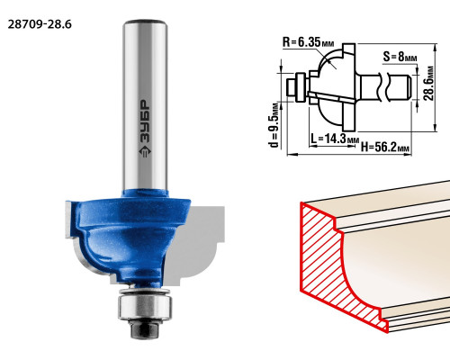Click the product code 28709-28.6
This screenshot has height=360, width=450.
click(x=40, y=24)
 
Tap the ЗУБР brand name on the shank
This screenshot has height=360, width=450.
click(x=145, y=121)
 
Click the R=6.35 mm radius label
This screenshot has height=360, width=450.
click(x=308, y=42)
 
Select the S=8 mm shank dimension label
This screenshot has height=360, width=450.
click(x=400, y=57)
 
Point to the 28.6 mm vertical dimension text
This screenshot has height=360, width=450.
click(x=429, y=83)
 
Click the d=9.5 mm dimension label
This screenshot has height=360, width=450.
click(x=274, y=125)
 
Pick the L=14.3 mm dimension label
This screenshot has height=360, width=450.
click(x=335, y=139)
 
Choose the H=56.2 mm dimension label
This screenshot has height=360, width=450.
click(x=385, y=148)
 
